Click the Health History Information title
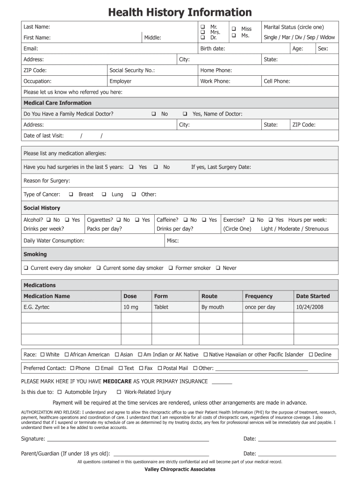point(180,12)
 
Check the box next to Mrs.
point(203,32)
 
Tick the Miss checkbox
point(234,29)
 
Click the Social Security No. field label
point(132,70)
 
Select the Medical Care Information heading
point(58,103)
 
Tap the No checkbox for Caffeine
point(186,220)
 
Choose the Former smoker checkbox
point(171,268)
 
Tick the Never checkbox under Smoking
point(218,268)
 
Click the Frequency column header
point(259,296)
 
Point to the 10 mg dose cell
point(130,307)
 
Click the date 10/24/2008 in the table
point(310,307)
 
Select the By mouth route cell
point(212,307)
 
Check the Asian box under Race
point(117,355)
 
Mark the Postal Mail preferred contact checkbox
point(159,368)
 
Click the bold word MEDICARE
point(117,381)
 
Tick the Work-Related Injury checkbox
point(119,392)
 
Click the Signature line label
point(33,439)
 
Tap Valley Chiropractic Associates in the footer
point(180,469)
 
